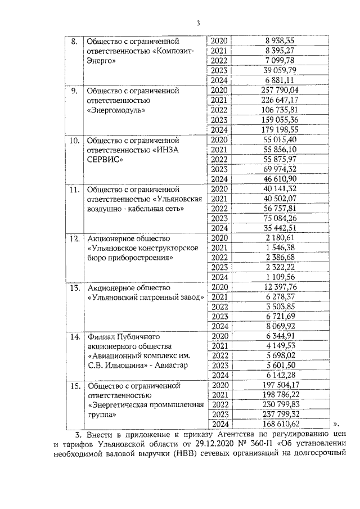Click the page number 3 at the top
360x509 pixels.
pyautogui.click(x=198, y=22)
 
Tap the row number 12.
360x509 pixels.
pyautogui.click(x=73, y=238)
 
